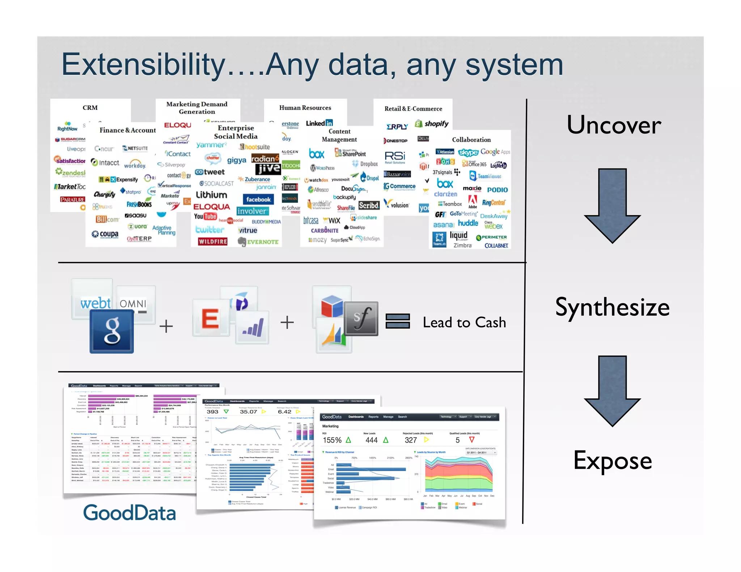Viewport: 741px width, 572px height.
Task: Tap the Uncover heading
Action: pyautogui.click(x=614, y=125)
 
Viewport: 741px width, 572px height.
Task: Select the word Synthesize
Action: pyautogui.click(x=612, y=307)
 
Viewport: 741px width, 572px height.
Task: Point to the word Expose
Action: pyautogui.click(x=613, y=461)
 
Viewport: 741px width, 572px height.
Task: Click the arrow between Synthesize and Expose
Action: pyautogui.click(x=612, y=390)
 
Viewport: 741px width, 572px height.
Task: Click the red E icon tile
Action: pyautogui.click(x=211, y=318)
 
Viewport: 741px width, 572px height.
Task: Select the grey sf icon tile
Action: pyautogui.click(x=361, y=319)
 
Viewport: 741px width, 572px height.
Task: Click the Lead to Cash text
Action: pyautogui.click(x=464, y=322)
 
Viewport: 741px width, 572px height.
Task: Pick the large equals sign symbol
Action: pyautogui.click(x=397, y=321)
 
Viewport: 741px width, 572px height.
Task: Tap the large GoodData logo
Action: pyautogui.click(x=129, y=513)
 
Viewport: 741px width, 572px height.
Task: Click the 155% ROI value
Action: pyautogui.click(x=332, y=440)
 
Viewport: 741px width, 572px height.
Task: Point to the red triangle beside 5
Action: pyautogui.click(x=471, y=439)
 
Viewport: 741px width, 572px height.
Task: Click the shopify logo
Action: pyautogui.click(x=432, y=124)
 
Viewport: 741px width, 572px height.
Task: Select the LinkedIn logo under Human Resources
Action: pyautogui.click(x=319, y=123)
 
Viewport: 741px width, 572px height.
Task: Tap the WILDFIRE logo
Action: pyautogui.click(x=213, y=241)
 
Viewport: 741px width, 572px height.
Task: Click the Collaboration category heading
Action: pyautogui.click(x=471, y=140)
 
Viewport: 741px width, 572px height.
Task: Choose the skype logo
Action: pyautogui.click(x=468, y=152)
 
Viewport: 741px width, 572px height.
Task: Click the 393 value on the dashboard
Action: pyautogui.click(x=212, y=412)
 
